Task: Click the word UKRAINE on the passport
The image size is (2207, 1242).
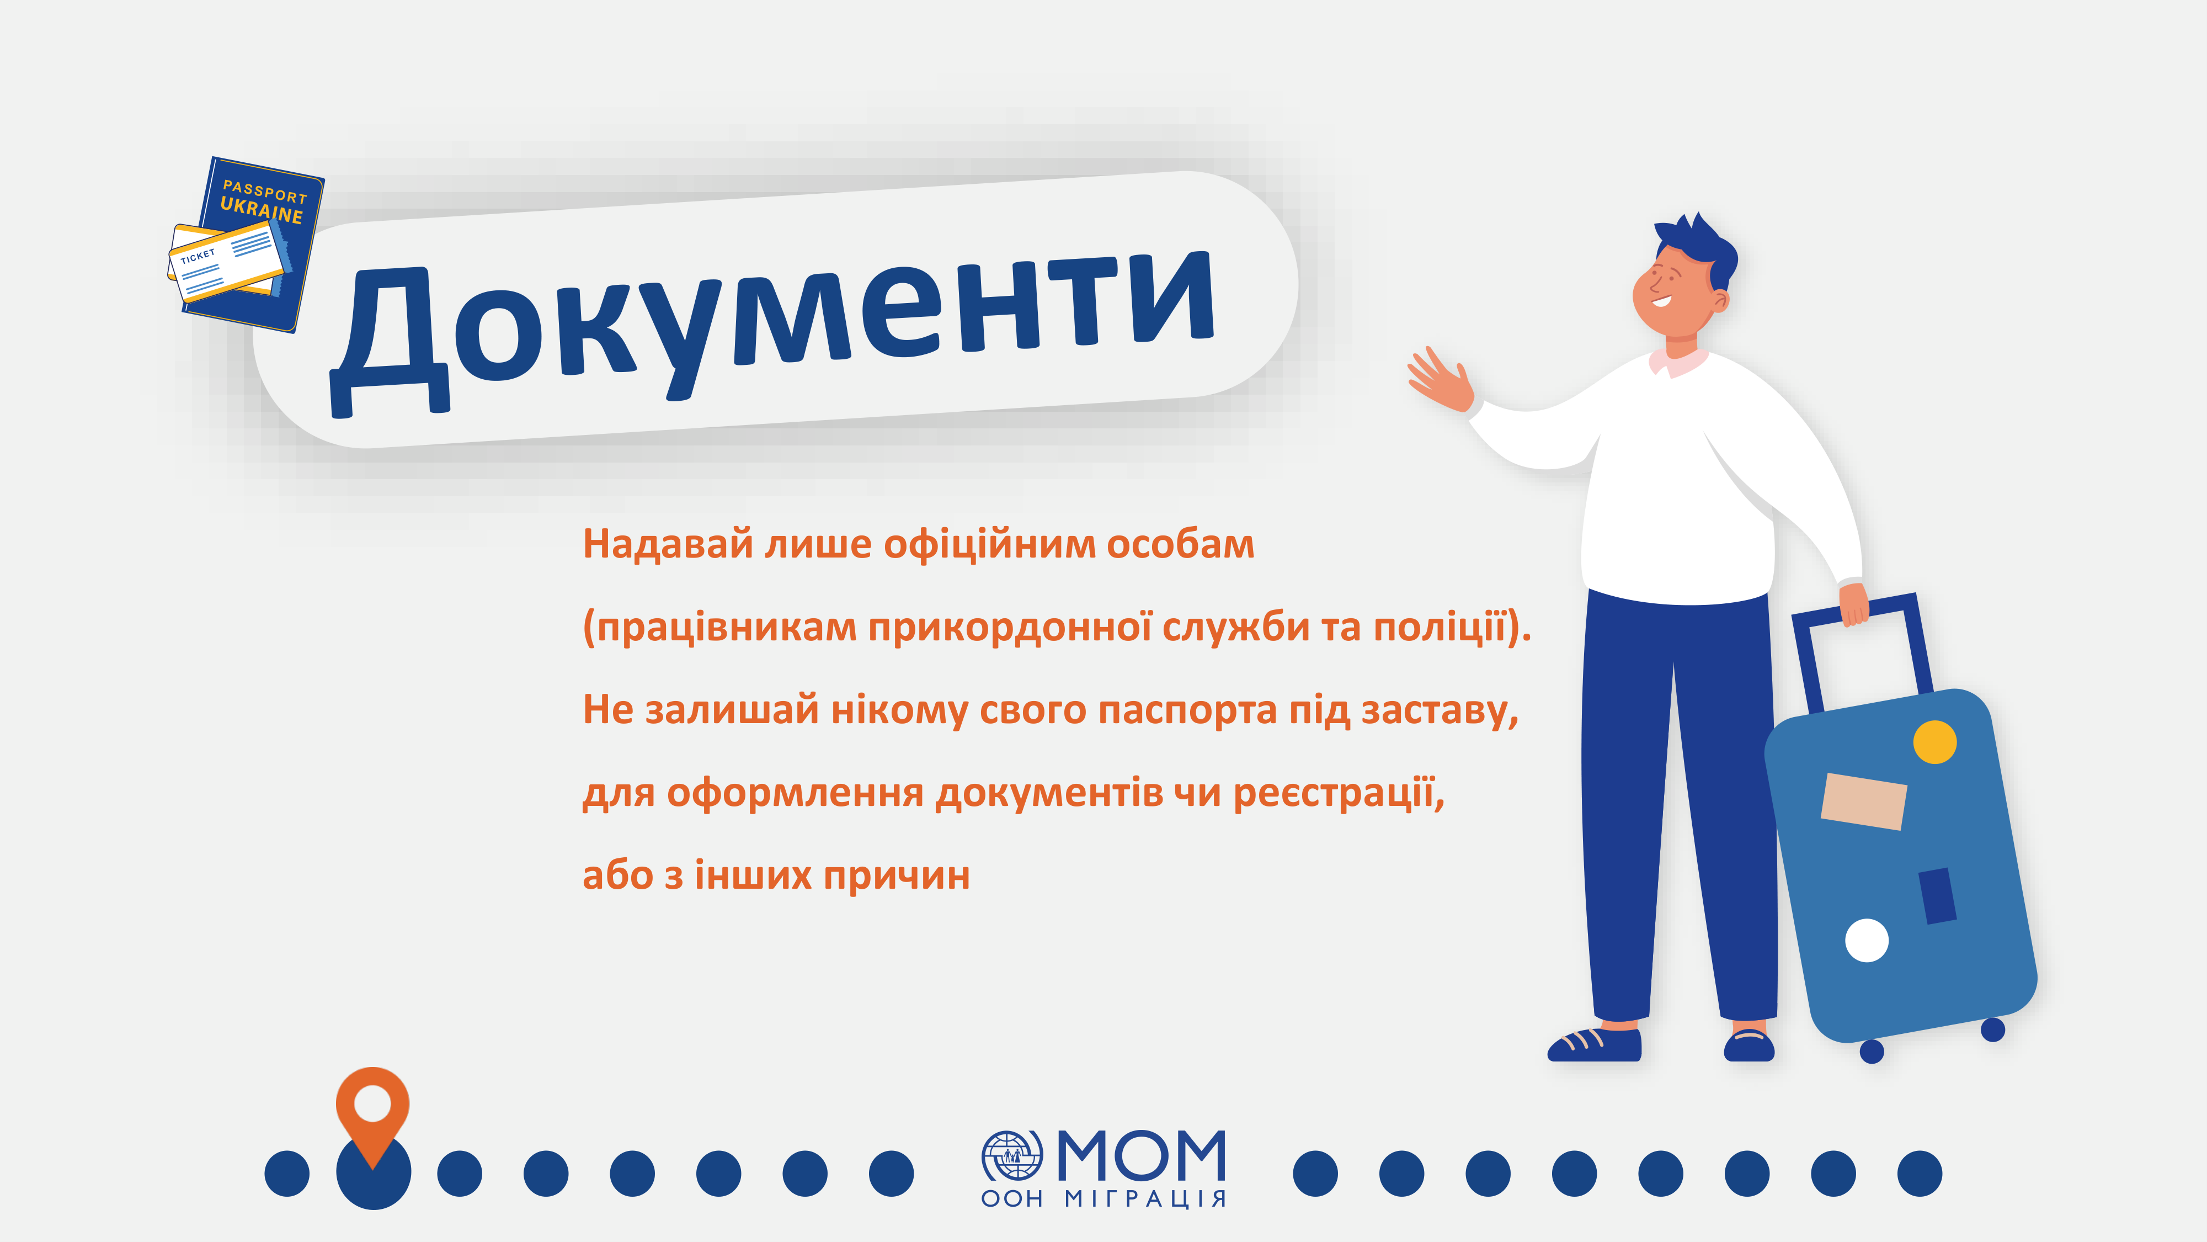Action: point(262,210)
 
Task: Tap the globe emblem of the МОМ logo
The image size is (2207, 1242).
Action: point(1012,1155)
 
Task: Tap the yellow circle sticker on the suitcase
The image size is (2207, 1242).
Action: point(1934,742)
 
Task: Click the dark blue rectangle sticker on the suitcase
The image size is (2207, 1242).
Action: point(1937,896)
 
